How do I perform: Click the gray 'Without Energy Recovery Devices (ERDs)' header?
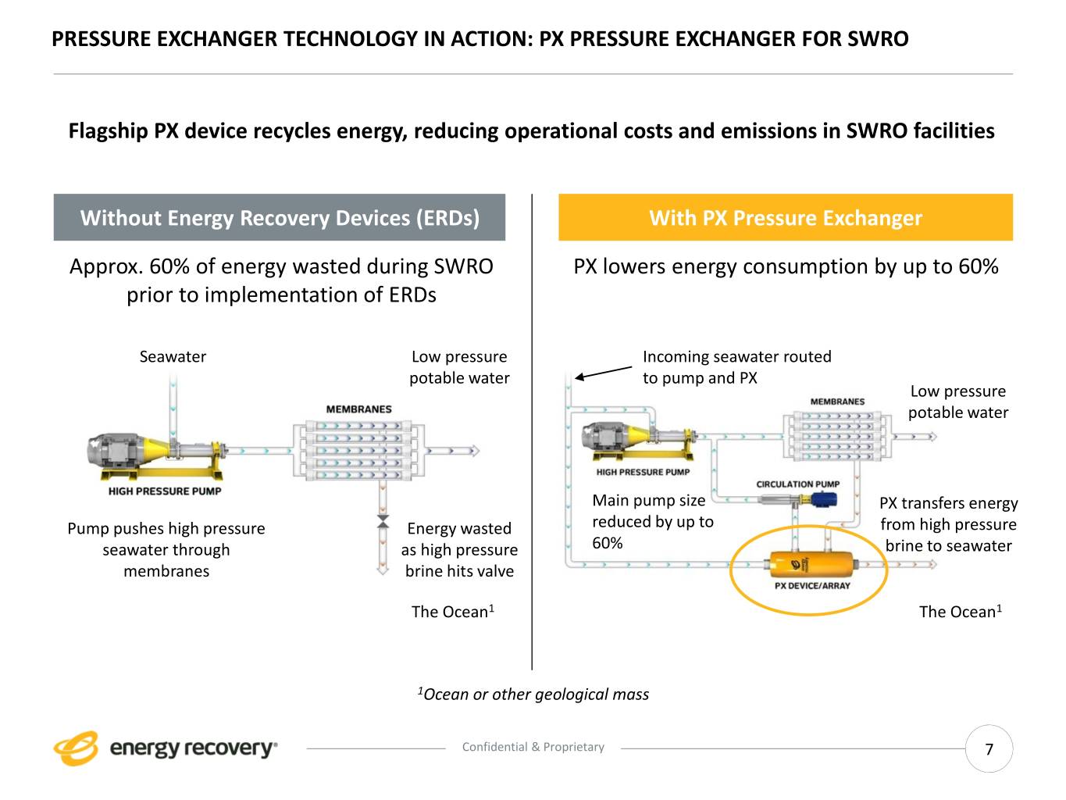point(280,218)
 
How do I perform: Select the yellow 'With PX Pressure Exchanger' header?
point(785,218)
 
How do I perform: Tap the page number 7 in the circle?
point(989,749)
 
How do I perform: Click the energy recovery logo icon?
point(76,748)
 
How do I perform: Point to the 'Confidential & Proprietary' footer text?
point(533,747)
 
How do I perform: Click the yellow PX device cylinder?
point(810,564)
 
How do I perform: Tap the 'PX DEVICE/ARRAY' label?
point(812,586)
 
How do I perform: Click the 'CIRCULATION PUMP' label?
point(797,484)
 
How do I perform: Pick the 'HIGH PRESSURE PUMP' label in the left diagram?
point(165,491)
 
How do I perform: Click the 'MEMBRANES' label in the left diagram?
point(358,409)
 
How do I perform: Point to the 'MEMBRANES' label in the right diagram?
point(837,402)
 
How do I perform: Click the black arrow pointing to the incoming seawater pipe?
point(603,373)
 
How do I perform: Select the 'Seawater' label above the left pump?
point(173,357)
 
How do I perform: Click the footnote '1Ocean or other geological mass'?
point(533,694)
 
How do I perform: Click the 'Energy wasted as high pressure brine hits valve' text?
point(459,550)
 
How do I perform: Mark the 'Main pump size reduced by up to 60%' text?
point(652,521)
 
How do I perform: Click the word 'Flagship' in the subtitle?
point(108,131)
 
